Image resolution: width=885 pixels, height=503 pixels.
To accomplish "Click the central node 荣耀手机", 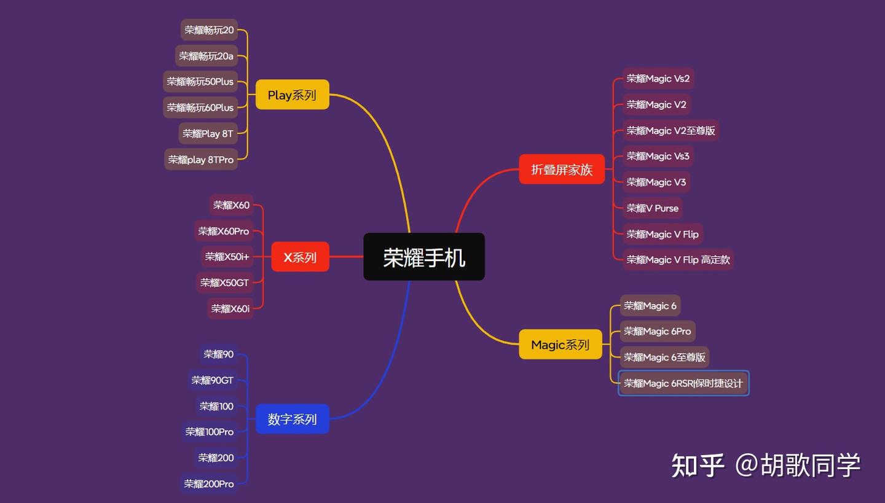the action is (424, 257).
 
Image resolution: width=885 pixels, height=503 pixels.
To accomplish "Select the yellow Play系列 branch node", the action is (292, 95).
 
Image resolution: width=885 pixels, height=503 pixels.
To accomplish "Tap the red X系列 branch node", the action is (300, 257).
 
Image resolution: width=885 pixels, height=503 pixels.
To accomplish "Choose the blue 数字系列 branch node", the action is (292, 419).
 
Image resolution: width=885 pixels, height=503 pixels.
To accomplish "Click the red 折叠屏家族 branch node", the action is (562, 169).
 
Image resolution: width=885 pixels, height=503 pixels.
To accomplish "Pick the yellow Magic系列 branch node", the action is (560, 345).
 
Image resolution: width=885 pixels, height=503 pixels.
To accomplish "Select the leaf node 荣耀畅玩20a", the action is (206, 56).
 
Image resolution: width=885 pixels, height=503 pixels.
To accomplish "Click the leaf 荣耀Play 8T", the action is (208, 133).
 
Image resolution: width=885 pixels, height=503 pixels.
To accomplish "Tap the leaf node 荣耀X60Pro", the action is (224, 231).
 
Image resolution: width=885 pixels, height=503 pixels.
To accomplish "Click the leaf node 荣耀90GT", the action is (213, 380).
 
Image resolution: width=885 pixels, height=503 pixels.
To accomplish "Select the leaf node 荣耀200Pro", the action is (209, 483).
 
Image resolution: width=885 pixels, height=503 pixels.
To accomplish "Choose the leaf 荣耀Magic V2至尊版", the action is (671, 130).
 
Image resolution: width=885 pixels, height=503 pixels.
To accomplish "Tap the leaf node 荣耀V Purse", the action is (652, 208).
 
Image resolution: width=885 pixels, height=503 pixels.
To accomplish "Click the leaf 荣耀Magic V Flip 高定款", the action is (678, 260).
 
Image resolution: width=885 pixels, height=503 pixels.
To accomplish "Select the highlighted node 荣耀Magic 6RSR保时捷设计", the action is (683, 383).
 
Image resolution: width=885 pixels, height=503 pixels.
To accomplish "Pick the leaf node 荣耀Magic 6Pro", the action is (657, 331).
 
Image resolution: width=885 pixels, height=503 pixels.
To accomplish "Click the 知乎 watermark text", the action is (698, 465).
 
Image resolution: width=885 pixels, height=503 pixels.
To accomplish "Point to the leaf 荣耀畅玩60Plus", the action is (200, 107).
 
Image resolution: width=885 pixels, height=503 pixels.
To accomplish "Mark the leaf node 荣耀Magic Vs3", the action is (658, 156).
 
